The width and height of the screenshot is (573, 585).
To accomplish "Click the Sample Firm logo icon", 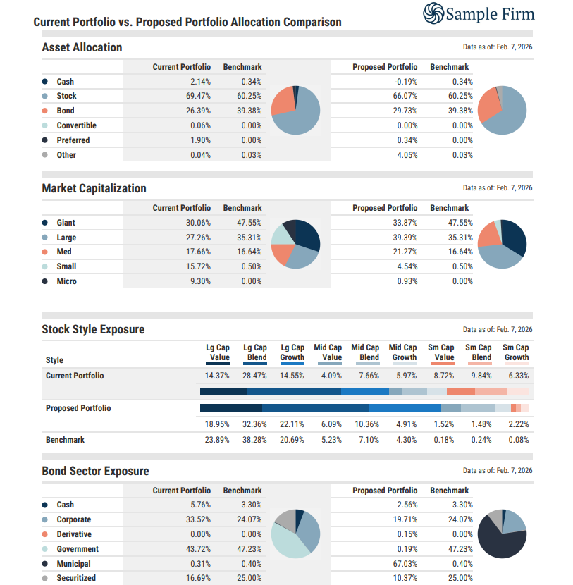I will pos(433,13).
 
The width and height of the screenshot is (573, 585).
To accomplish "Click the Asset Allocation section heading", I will pos(82,48).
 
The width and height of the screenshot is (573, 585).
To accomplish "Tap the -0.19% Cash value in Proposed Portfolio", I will pos(406,82).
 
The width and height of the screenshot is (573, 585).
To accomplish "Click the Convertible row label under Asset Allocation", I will pos(76,125).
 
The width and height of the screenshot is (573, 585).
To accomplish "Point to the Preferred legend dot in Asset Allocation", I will pos(45,140).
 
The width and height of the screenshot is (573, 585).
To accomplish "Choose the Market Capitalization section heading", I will pos(94,189).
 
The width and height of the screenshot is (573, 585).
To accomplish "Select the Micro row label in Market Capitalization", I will pos(66,281).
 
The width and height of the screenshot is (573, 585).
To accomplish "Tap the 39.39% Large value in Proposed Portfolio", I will pos(405,238).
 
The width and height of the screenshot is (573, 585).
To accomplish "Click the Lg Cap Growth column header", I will pos(292,352).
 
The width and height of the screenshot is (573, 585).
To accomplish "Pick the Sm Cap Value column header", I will pos(442,352).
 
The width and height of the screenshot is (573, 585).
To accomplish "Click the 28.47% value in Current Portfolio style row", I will pos(254,376).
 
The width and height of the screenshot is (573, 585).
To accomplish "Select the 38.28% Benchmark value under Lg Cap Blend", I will pos(254,440).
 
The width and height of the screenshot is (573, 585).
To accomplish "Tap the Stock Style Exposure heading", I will pos(93,330).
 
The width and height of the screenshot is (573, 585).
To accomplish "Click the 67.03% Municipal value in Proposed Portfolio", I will pos(405,564).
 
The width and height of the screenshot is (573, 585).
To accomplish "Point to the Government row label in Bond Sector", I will pos(78,549).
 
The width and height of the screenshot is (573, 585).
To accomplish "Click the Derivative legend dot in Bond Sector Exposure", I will pos(45,534).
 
